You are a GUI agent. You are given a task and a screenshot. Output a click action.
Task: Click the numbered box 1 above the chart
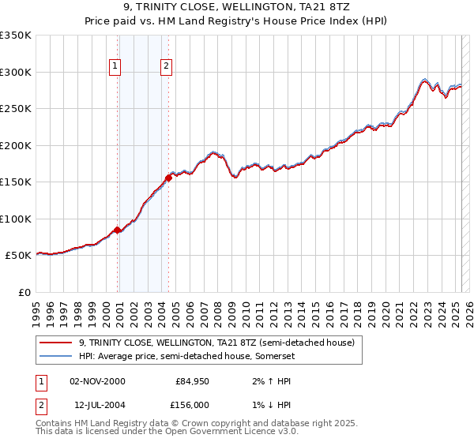point(115,67)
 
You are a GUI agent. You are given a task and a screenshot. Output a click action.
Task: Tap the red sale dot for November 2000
point(118,230)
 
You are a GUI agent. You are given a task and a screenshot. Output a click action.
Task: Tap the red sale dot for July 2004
point(169,178)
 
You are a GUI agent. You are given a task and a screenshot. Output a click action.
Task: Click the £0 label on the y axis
point(24,292)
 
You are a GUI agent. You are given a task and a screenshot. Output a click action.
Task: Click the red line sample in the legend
point(55,343)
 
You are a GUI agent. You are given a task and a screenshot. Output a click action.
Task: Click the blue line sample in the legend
point(55,356)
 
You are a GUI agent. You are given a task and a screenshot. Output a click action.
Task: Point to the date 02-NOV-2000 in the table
point(97,381)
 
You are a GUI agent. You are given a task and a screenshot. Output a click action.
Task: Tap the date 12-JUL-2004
point(97,403)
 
